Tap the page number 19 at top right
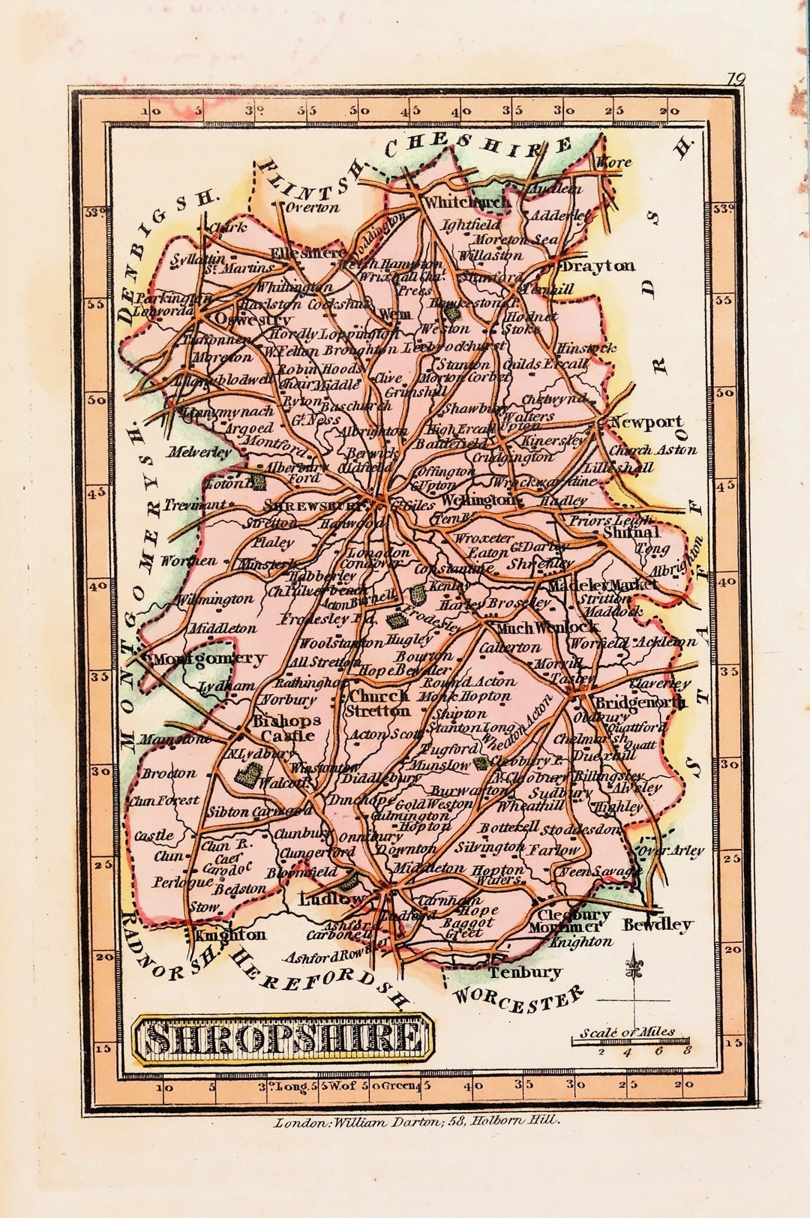coord(735,79)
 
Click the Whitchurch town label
coord(466,202)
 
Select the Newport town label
coord(646,421)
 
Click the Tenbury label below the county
coord(525,972)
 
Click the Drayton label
coord(598,265)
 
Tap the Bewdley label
coord(657,924)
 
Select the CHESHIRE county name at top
coord(480,145)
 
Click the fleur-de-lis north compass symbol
coord(635,970)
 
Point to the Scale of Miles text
coord(627,1032)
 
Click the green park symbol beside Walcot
coord(246,775)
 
